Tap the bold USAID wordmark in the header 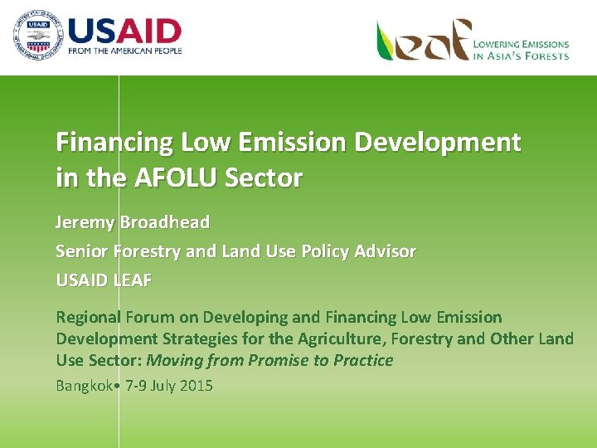point(124,31)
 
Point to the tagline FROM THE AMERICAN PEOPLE point(125,51)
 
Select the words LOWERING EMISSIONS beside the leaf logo point(521,44)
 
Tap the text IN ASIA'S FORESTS point(521,56)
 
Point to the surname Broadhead point(165,222)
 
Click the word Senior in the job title point(80,251)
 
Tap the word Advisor point(386,251)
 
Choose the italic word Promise point(265,360)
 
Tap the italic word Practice point(362,360)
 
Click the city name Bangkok point(85,386)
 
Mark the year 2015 point(195,386)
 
